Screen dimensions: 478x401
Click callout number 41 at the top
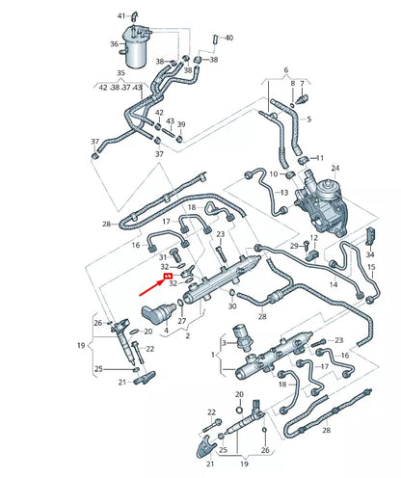coord(122,16)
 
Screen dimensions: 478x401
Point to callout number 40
coord(228,38)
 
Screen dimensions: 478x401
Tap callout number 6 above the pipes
coord(285,70)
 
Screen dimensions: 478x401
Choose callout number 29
coord(294,247)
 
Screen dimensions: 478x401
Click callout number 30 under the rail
coord(231,305)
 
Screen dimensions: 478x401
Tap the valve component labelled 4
coord(158,310)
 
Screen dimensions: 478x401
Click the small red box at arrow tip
coord(170,276)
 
